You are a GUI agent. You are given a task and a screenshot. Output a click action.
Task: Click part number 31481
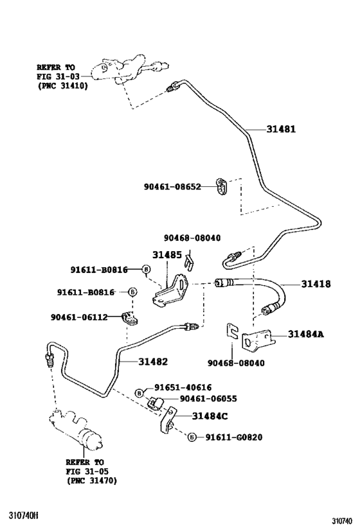coord(281,129)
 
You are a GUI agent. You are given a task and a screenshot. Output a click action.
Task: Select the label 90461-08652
coord(172,186)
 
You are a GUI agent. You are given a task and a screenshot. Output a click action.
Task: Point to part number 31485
coord(167,254)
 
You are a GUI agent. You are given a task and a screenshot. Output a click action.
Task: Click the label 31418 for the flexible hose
coord(316,284)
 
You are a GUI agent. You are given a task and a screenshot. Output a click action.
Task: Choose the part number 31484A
coord(305,334)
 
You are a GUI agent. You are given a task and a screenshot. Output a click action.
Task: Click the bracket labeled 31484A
coord(258,342)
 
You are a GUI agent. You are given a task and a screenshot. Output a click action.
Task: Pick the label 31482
coord(153,362)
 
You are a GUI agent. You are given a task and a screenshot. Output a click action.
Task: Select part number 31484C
coord(210,416)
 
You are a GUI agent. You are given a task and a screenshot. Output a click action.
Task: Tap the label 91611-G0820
coord(234,437)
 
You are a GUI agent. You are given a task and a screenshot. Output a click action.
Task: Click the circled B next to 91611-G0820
coord(192,437)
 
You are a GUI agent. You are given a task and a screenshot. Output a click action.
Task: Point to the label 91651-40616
coord(183,387)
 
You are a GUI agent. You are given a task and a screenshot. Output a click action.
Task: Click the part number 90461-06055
coord(208,399)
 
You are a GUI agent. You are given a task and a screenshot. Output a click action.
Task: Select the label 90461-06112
coord(79,317)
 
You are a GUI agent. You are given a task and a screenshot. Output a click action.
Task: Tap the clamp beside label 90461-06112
coord(130,319)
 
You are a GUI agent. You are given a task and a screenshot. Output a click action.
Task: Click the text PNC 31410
coord(63,86)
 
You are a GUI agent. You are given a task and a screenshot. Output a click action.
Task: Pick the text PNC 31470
coord(92,480)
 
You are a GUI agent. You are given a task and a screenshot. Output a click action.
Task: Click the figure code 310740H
coord(24,515)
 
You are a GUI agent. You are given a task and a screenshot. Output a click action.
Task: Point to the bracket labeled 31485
coord(171,290)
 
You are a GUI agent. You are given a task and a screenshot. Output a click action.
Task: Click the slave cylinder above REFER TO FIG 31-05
coord(76,428)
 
